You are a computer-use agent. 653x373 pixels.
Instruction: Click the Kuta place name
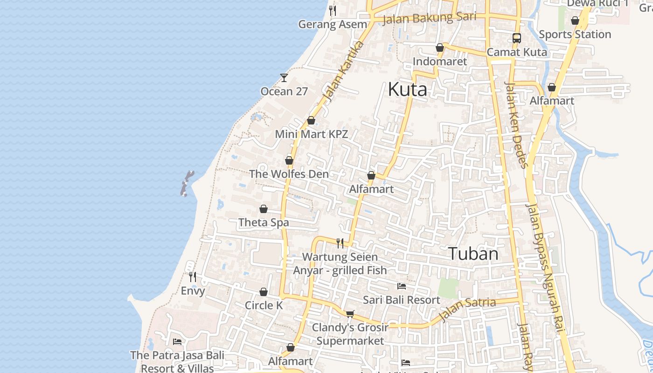(x=407, y=89)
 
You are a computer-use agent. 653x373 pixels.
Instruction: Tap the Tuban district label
(x=473, y=254)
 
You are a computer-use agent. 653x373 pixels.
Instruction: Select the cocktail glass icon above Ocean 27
(x=284, y=77)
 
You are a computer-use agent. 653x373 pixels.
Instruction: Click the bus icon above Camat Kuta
(x=516, y=38)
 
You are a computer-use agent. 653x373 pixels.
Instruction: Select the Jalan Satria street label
(x=467, y=308)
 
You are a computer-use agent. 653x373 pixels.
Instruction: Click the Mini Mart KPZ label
(x=311, y=134)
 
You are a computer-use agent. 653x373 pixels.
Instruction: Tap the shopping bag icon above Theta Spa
(x=264, y=208)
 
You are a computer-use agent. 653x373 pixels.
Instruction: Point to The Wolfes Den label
(x=289, y=174)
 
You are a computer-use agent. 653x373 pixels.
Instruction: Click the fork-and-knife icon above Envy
(x=192, y=276)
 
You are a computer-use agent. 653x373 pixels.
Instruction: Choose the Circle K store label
(x=264, y=305)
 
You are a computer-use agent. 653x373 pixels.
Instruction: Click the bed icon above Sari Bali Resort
(x=401, y=286)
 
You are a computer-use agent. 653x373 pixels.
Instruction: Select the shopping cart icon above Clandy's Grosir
(x=350, y=313)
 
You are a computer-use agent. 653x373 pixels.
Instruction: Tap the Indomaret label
(x=439, y=62)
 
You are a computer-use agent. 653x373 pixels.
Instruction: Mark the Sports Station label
(x=575, y=35)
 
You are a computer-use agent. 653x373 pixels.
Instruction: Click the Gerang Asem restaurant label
(x=332, y=24)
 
